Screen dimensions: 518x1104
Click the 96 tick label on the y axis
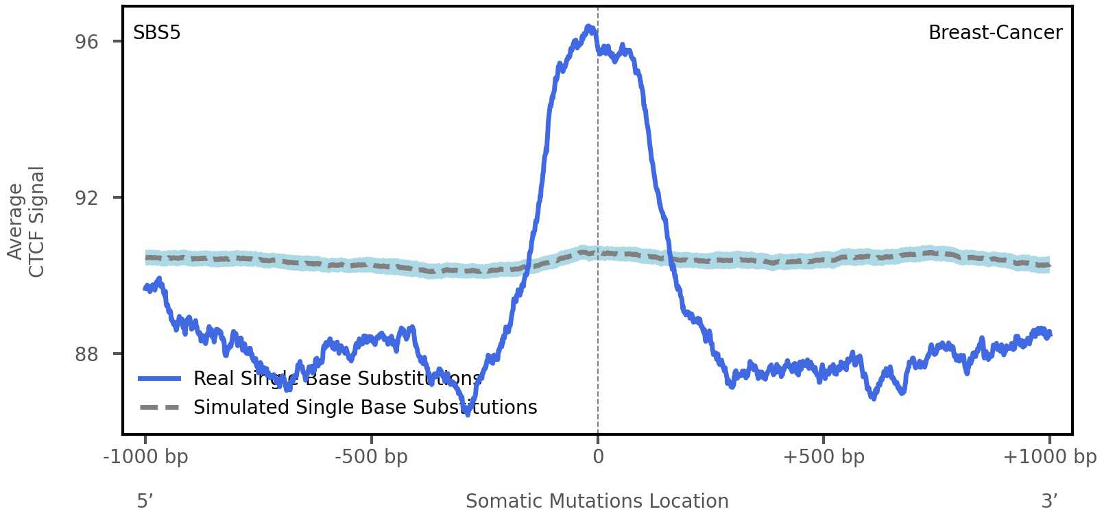[86, 42]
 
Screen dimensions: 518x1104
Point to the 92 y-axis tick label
[86, 198]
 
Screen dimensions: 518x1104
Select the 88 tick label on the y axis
[86, 354]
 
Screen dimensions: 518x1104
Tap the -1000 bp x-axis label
[145, 456]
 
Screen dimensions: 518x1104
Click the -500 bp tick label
[371, 456]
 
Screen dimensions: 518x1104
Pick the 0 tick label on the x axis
[598, 456]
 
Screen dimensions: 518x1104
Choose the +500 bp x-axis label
[824, 456]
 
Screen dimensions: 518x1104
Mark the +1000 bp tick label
[1049, 456]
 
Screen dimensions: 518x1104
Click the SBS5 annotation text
[157, 33]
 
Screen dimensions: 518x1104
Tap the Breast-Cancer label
[995, 33]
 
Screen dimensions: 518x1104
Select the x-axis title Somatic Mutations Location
[597, 501]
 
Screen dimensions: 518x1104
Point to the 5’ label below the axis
[145, 501]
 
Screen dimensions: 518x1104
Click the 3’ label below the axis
[1049, 501]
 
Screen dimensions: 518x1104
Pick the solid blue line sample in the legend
[159, 379]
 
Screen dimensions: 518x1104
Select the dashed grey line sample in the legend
[159, 408]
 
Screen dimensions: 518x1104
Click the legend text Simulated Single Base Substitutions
[365, 408]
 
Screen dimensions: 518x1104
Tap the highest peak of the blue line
[588, 27]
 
